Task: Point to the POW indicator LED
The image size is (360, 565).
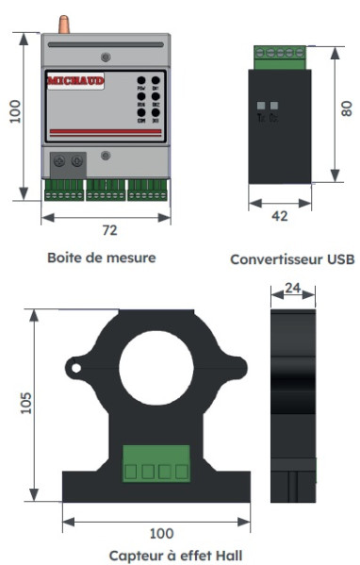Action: click(x=140, y=83)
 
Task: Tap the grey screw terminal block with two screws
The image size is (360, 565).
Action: click(x=66, y=161)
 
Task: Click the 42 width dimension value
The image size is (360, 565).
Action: click(x=279, y=216)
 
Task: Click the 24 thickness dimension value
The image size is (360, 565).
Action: click(x=293, y=289)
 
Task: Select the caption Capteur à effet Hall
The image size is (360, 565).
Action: click(x=175, y=556)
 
